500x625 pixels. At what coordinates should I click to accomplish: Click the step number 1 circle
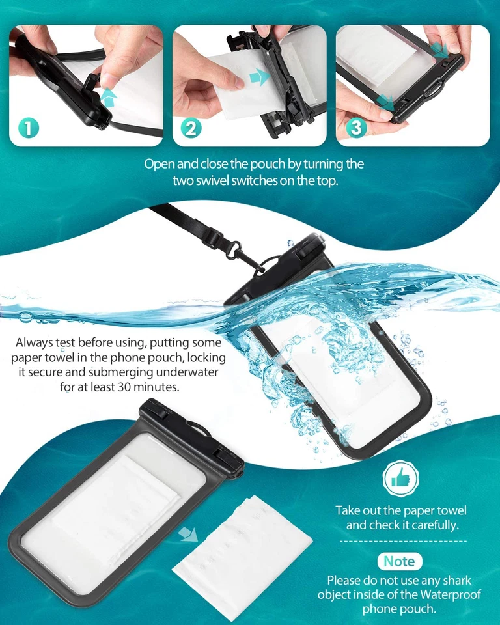(28, 128)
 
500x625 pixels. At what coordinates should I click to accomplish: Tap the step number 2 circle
(190, 128)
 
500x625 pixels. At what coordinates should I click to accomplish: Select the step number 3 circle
(355, 128)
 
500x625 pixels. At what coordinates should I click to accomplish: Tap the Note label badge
(399, 561)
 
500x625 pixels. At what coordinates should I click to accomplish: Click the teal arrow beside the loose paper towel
(189, 534)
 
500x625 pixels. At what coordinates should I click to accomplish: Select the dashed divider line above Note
(404, 541)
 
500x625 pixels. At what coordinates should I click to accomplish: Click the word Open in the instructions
(159, 164)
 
